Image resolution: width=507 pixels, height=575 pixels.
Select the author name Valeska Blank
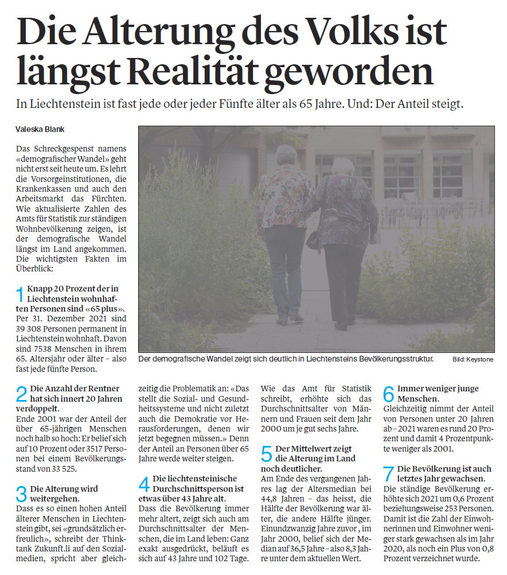click(x=40, y=130)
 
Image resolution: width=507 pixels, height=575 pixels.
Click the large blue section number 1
click(x=21, y=294)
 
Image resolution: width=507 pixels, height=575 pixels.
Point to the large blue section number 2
click(x=21, y=394)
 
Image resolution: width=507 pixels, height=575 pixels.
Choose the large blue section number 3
click(x=21, y=494)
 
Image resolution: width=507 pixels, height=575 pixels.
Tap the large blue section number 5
click(x=267, y=453)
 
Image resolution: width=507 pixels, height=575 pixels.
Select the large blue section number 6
click(x=388, y=394)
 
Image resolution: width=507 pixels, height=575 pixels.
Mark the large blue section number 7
click(x=388, y=474)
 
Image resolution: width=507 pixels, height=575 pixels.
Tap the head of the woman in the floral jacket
click(x=285, y=156)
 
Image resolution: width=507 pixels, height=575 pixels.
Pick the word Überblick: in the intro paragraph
click(x=35, y=268)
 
